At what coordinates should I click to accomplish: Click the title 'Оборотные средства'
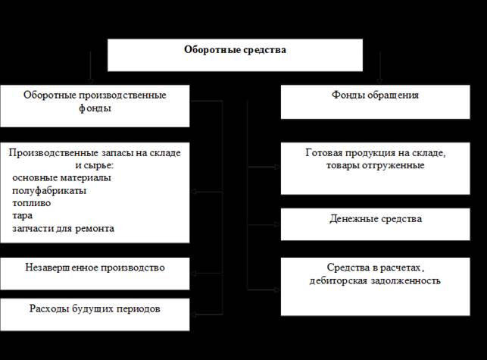tap(235, 50)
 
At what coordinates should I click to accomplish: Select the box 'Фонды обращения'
tap(375, 102)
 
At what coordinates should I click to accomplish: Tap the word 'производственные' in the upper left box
tap(122, 95)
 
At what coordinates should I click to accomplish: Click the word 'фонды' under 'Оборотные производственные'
tap(95, 108)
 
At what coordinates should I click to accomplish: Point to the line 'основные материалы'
tap(61, 178)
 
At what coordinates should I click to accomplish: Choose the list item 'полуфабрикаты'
tap(49, 190)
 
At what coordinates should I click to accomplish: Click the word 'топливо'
tap(31, 203)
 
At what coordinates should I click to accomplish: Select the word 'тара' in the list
tap(23, 216)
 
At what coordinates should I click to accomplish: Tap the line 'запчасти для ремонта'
tap(63, 228)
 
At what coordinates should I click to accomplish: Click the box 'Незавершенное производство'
tap(95, 274)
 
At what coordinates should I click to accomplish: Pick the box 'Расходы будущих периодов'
tap(95, 315)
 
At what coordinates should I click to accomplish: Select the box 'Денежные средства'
tap(375, 224)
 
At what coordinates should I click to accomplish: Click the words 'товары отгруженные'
tap(375, 165)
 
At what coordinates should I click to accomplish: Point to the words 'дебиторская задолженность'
tap(375, 280)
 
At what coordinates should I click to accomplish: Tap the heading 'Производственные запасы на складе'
tap(95, 152)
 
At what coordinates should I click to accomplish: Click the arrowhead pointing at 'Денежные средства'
tap(276, 224)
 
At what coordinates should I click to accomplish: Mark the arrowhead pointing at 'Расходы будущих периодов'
tap(194, 315)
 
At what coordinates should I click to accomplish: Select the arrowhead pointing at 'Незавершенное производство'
tap(194, 274)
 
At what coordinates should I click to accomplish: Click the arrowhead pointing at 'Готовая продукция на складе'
tap(276, 167)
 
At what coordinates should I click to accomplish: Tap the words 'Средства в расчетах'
tap(376, 268)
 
